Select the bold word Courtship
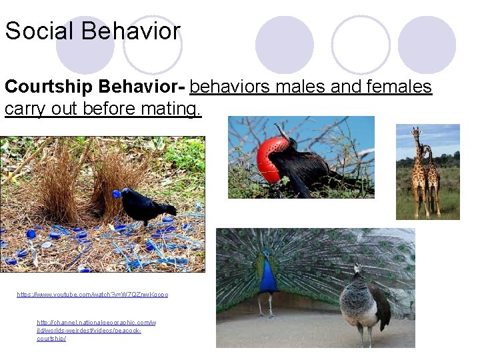tap(48, 87)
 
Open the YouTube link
tap(93, 294)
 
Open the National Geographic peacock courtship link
tap(96, 330)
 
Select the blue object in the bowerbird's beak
tap(117, 195)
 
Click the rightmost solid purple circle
tap(427, 45)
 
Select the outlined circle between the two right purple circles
tap(360, 45)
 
